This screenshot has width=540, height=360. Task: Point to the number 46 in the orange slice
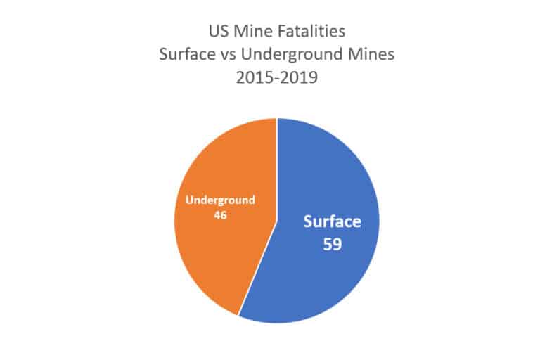[x=220, y=214]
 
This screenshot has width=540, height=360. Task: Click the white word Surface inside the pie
[x=332, y=222]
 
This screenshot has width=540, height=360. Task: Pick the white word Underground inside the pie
[x=220, y=200]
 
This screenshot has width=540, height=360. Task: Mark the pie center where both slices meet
[x=277, y=221]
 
